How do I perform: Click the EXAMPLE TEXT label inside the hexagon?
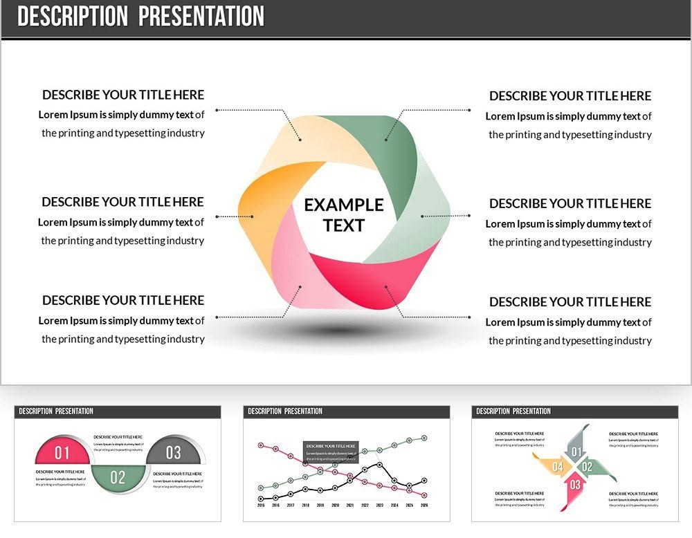pos(344,215)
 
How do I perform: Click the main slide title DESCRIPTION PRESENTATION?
pos(140,17)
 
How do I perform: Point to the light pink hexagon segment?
pos(298,277)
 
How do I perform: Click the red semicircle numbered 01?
pos(62,452)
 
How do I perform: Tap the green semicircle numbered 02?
pos(118,476)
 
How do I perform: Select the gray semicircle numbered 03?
pos(174,452)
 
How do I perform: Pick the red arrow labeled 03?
pos(574,485)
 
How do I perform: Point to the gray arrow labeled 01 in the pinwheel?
pos(575,451)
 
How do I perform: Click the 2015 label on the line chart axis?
pos(261,505)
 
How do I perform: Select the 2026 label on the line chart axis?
pos(424,505)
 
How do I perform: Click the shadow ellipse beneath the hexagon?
pos(339,331)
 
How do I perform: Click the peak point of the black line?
pos(379,464)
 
